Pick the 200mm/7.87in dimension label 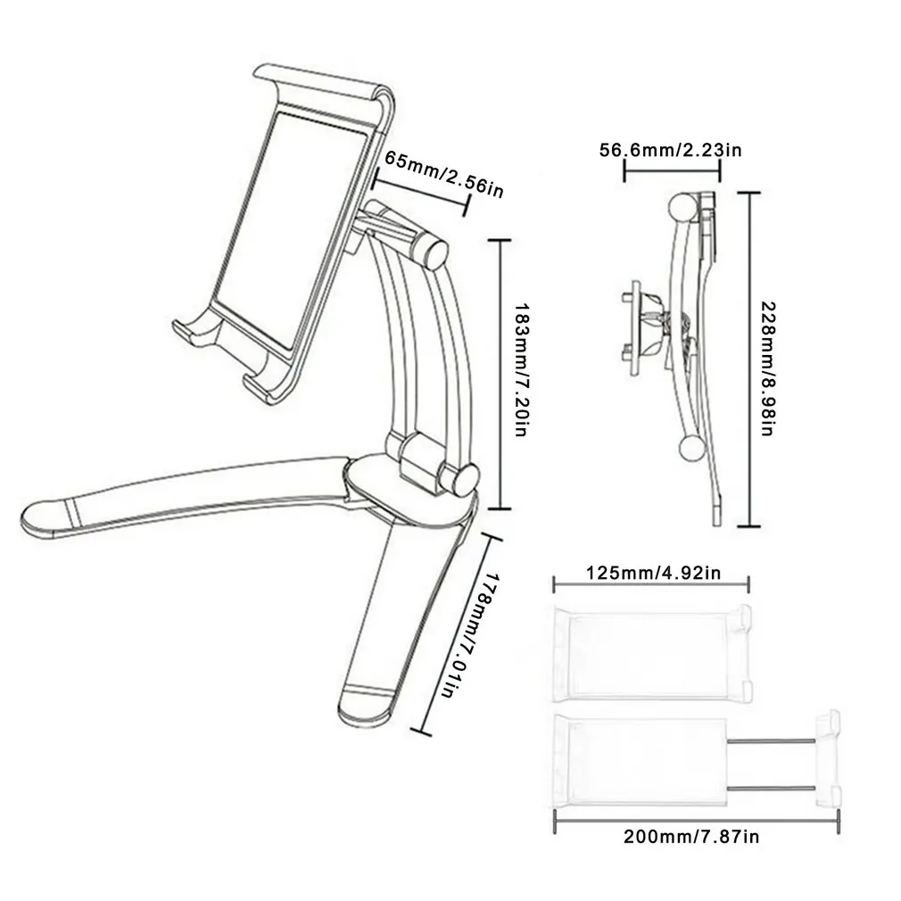(694, 837)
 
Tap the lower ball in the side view (691, 449)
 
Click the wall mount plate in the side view (632, 326)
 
